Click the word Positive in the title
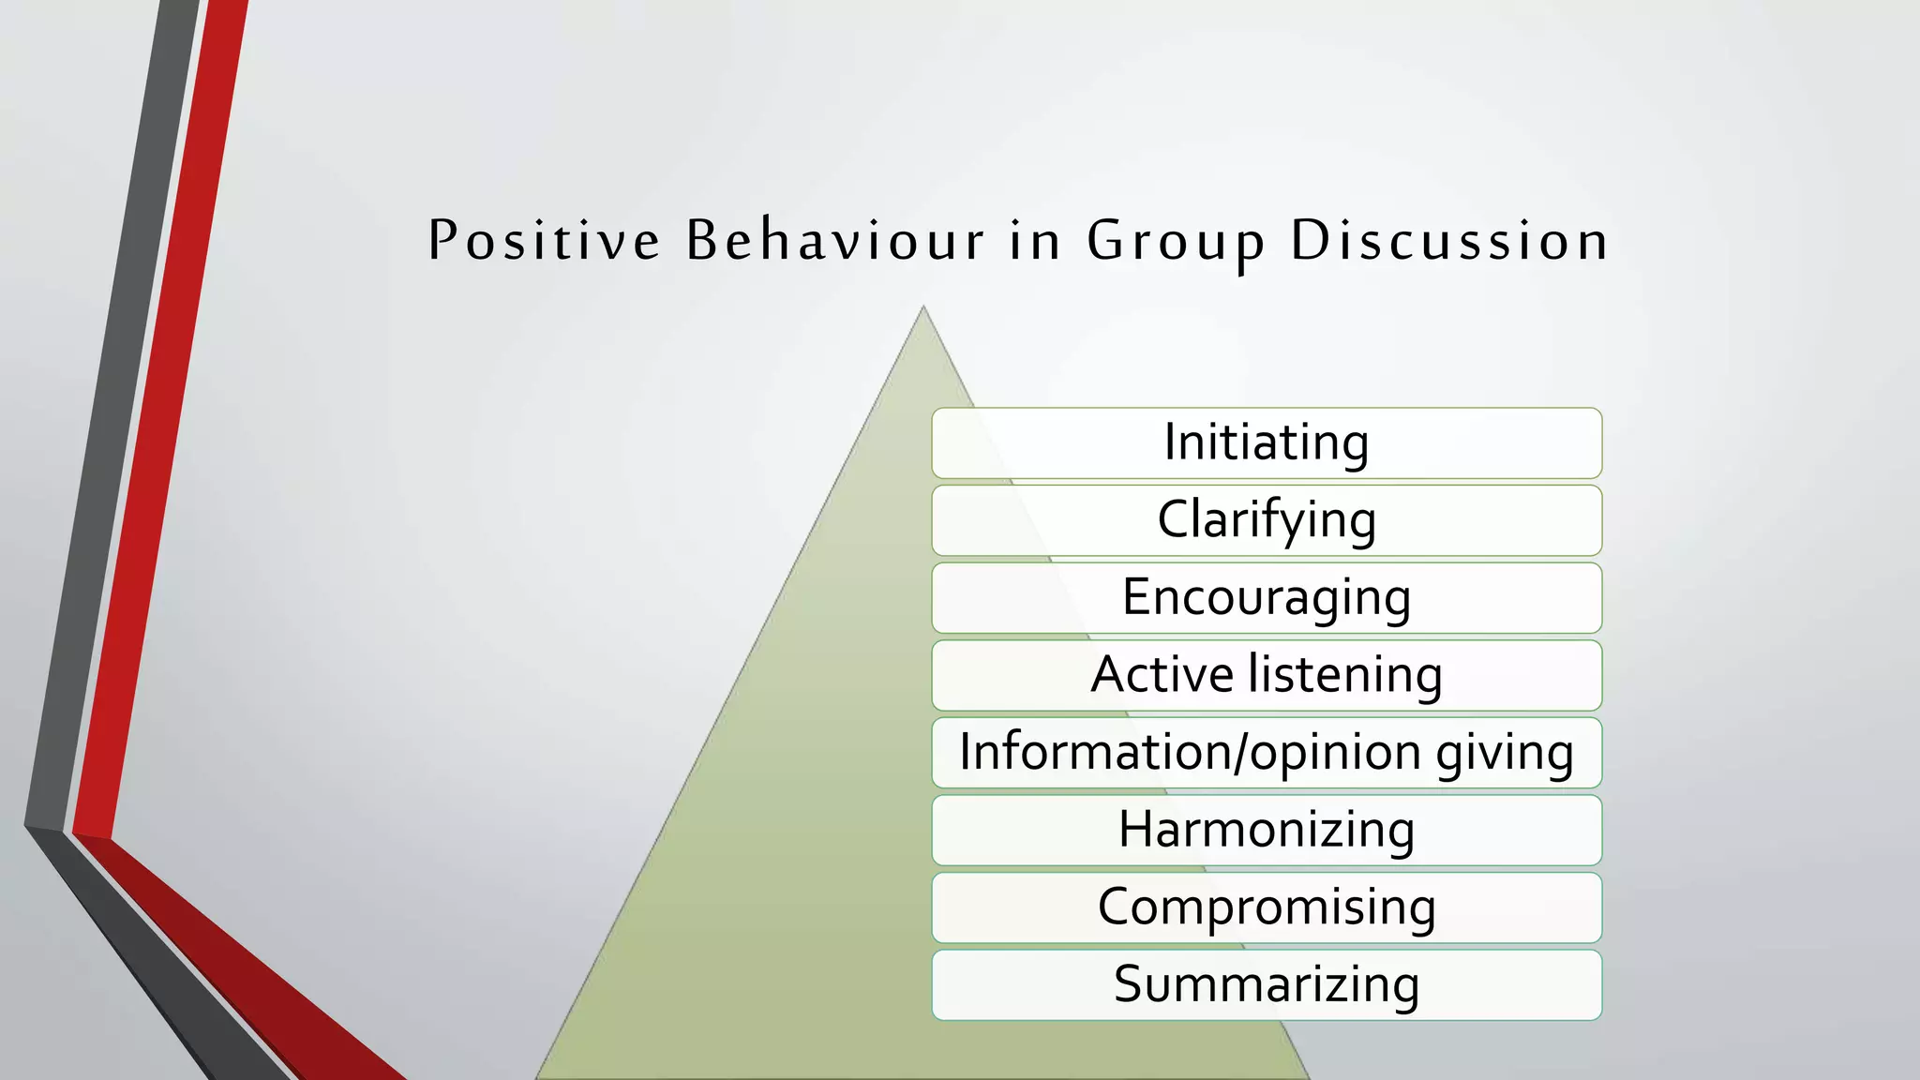[544, 240]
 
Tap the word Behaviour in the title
[835, 240]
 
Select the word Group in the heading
[1176, 242]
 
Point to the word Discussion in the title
[1449, 240]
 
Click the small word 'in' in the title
[1035, 240]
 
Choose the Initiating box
[1266, 442]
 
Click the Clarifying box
[1266, 520]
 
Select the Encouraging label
[1266, 598]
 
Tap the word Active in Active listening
[1162, 675]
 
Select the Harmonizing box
[1266, 831]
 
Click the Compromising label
[1266, 907]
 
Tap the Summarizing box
[1266, 985]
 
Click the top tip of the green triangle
[923, 307]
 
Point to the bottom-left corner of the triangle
[538, 1076]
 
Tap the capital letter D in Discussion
[1310, 240]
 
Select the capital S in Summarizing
[1130, 984]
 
